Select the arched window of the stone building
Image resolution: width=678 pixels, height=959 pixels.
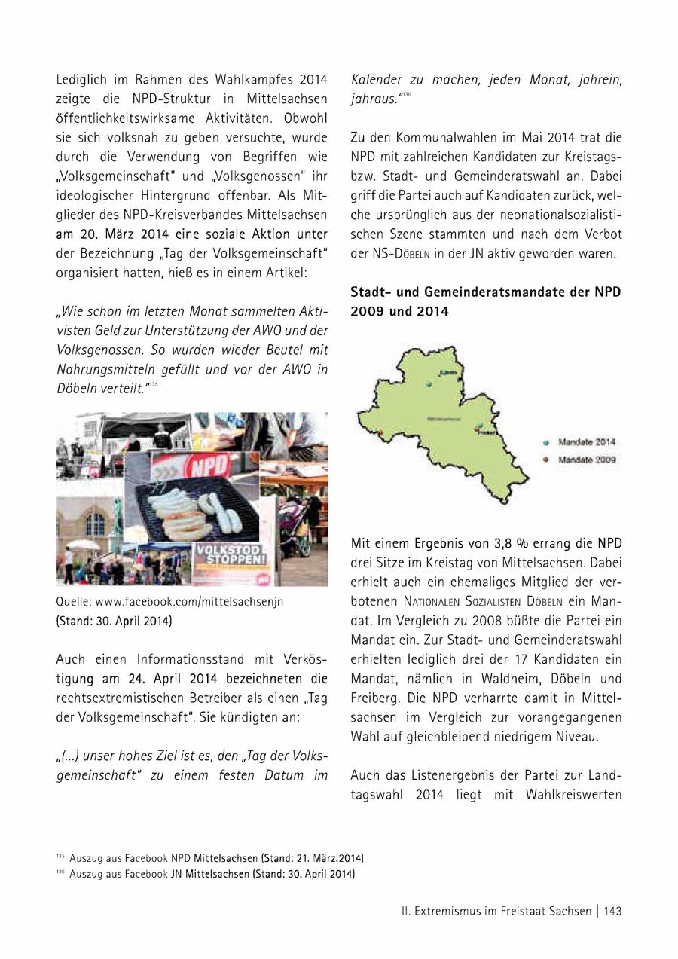coord(95,523)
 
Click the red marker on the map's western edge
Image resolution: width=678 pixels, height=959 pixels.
coord(381,432)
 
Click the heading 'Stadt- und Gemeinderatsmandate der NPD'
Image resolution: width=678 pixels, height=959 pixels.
coord(486,292)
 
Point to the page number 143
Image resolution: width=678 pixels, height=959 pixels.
coord(612,911)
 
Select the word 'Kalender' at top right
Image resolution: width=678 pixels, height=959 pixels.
coord(375,79)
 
